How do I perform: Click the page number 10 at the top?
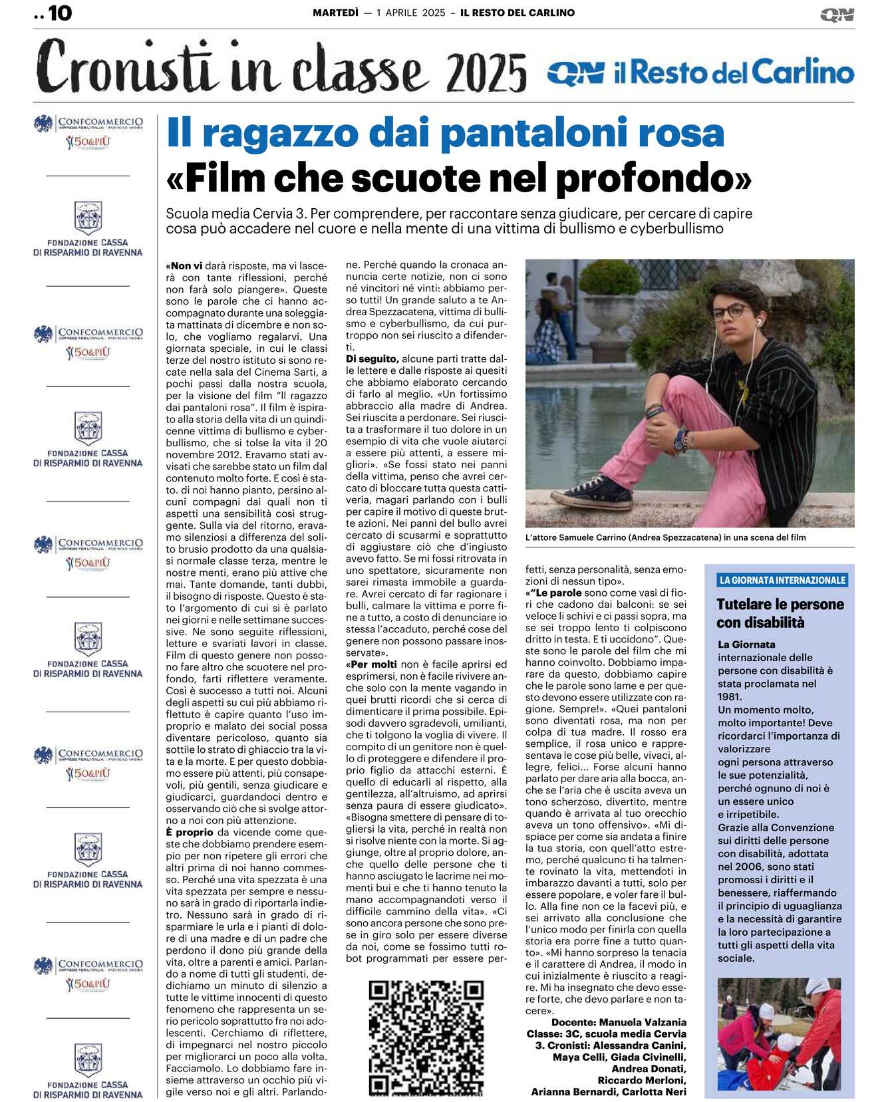pos(60,13)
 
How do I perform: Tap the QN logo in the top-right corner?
pos(837,15)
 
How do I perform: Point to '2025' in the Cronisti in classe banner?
pos(486,73)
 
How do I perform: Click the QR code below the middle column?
pos(426,1037)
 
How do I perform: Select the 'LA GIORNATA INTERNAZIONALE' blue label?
pos(782,580)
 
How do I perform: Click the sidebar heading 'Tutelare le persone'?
pos(780,605)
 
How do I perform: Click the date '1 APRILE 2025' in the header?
pos(410,13)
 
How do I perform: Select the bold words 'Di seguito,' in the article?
pos(372,358)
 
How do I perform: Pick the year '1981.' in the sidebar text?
pos(730,696)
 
